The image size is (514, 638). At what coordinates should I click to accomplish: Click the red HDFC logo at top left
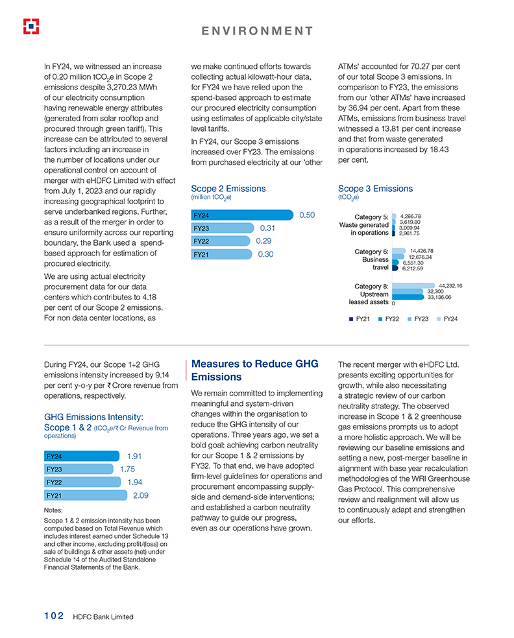coord(31,26)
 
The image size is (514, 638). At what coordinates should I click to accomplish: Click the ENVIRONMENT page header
coord(257,31)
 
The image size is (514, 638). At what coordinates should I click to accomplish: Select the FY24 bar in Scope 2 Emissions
coord(242,215)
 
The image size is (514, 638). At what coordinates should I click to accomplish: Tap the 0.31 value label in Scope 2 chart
coord(267,228)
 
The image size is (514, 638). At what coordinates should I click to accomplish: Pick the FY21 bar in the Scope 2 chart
coord(221,255)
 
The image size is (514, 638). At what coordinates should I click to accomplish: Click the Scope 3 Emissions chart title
coord(375,189)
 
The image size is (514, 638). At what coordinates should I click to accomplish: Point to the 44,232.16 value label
coord(450,285)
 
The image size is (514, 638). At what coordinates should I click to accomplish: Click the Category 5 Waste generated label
coord(364,224)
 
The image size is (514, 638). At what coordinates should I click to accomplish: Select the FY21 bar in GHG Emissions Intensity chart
coord(85,495)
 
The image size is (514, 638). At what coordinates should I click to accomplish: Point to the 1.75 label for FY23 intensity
coord(127,469)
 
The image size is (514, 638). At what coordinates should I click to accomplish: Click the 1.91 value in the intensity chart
coord(134,456)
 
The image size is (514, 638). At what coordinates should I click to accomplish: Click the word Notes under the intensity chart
coord(53,510)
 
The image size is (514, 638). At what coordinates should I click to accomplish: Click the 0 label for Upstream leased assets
coord(394,303)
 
